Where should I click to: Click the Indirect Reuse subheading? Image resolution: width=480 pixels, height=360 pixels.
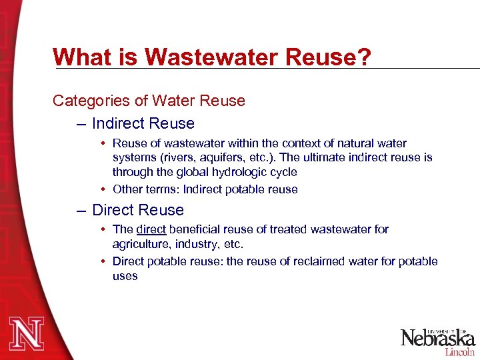[x=143, y=124]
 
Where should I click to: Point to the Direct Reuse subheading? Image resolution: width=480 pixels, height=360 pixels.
[x=138, y=211]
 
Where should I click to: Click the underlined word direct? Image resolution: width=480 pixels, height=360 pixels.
[x=151, y=229]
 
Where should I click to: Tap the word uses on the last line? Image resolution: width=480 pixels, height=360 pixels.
[x=125, y=276]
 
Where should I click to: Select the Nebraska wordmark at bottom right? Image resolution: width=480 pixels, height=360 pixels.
[x=436, y=338]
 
